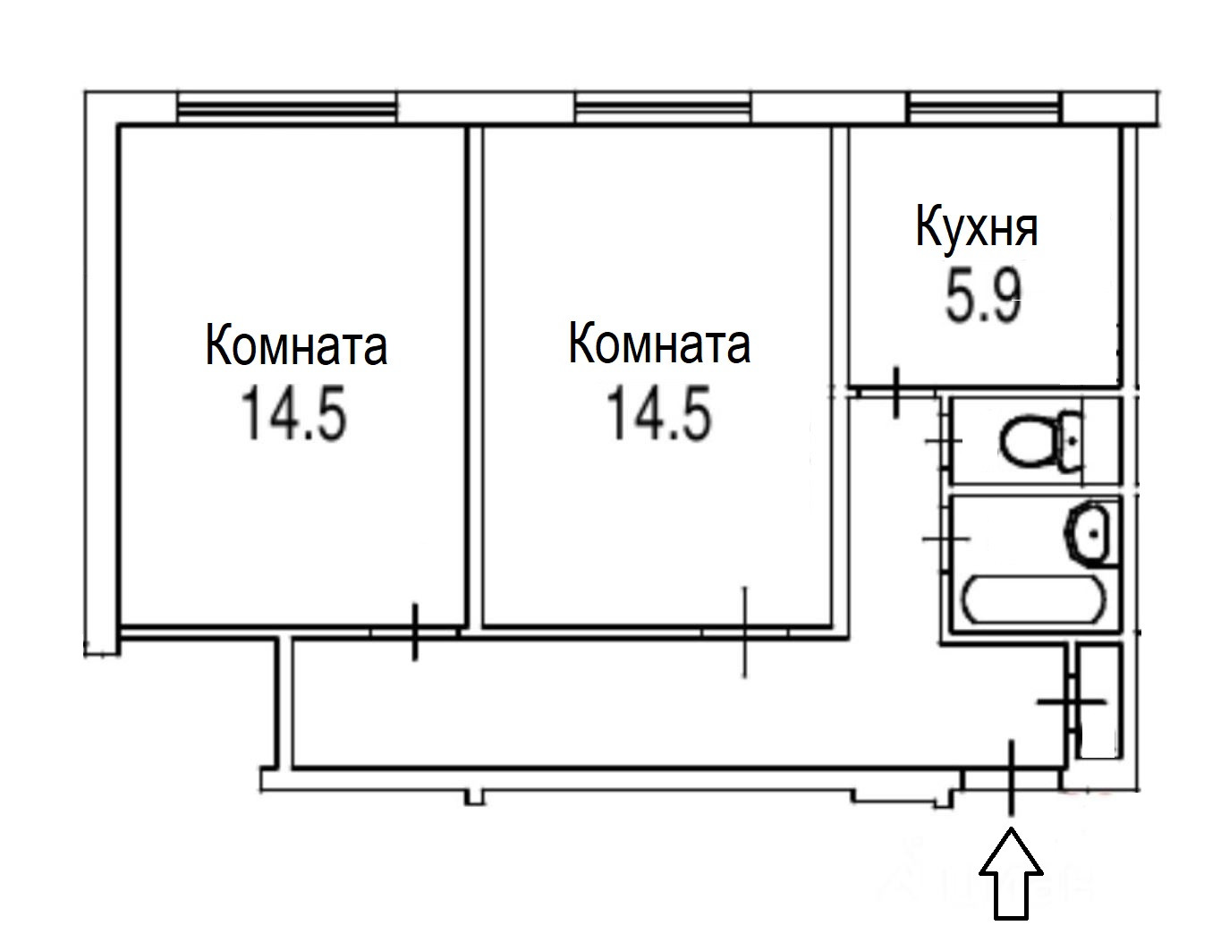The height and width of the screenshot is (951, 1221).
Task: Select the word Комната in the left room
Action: point(296,345)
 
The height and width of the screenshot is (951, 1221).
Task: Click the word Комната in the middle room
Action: point(659,344)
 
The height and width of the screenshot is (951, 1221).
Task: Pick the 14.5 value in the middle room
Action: point(659,414)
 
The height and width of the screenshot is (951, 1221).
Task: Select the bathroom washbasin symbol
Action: point(1091,533)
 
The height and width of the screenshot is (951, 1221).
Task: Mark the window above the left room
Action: point(286,109)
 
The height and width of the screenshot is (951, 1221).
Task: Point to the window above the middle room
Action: point(662,109)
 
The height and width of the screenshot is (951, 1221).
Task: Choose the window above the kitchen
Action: point(984,109)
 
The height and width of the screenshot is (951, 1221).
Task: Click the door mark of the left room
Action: point(414,632)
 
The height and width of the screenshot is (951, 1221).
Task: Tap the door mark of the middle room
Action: point(744,632)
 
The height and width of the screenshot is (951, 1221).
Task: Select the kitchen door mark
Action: point(896,392)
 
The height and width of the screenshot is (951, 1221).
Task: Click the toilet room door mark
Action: point(943,441)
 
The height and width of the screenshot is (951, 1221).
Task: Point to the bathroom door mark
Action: point(945,538)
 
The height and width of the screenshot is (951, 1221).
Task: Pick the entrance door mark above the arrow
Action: point(1012,777)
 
